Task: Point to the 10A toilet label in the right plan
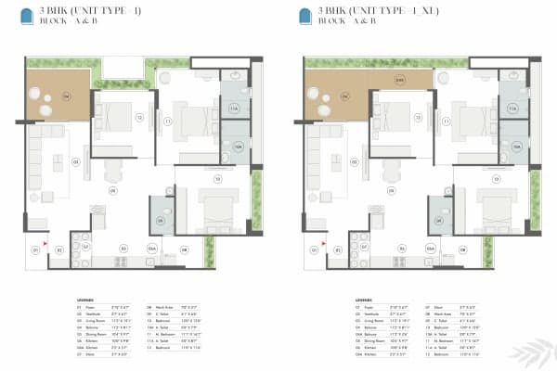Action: point(515,147)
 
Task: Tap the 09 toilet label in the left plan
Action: point(161,221)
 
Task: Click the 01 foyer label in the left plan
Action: point(37,249)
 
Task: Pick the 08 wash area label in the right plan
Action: point(461,249)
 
